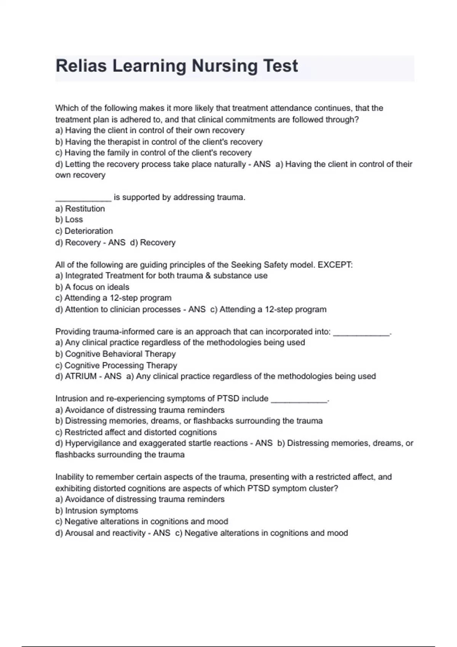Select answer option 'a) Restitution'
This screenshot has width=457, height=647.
[80, 209]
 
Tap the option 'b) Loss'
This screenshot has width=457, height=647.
[69, 220]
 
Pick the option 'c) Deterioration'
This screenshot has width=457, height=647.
[84, 231]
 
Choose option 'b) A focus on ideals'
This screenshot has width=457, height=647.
[92, 287]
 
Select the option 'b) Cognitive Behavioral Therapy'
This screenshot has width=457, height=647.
[115, 354]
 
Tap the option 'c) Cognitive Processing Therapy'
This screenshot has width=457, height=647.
[116, 365]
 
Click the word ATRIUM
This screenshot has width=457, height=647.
[81, 376]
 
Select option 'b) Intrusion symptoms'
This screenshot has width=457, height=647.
[97, 511]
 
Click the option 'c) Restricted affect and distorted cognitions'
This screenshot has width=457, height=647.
[136, 432]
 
